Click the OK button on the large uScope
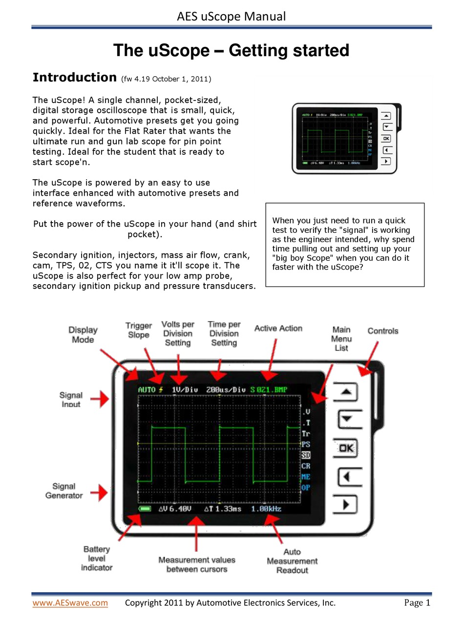tap(346, 448)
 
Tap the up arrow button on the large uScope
tap(346, 392)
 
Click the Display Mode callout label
tap(83, 335)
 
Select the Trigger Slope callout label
tap(139, 330)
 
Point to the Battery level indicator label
tap(97, 558)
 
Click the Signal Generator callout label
tap(64, 491)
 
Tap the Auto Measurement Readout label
tap(292, 561)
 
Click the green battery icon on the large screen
tap(146, 509)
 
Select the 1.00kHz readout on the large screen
tap(266, 509)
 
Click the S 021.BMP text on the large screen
tap(269, 390)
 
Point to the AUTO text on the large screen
tap(147, 390)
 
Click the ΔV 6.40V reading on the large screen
tap(175, 509)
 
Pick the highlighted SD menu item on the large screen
tap(306, 455)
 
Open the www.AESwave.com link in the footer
tap(70, 603)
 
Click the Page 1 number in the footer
tap(417, 603)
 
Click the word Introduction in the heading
tap(74, 77)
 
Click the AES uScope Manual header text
tap(232, 17)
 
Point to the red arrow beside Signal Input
tap(100, 399)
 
